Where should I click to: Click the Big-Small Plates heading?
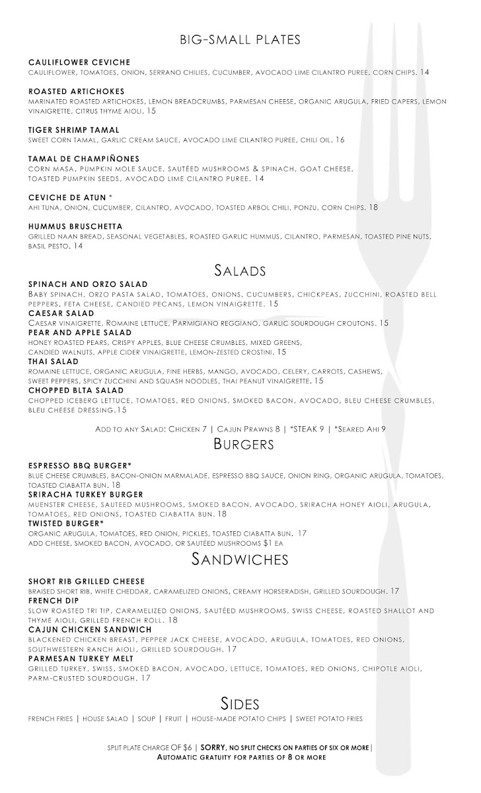pos(240,40)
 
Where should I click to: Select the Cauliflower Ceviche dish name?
pos(79,62)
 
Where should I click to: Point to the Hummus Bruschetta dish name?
pos(75,227)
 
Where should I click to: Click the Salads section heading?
pos(240,270)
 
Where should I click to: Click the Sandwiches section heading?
pos(240,560)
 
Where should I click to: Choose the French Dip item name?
pos(54,601)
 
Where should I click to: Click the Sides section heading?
pos(240,702)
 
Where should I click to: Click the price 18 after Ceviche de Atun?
pos(373,208)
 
